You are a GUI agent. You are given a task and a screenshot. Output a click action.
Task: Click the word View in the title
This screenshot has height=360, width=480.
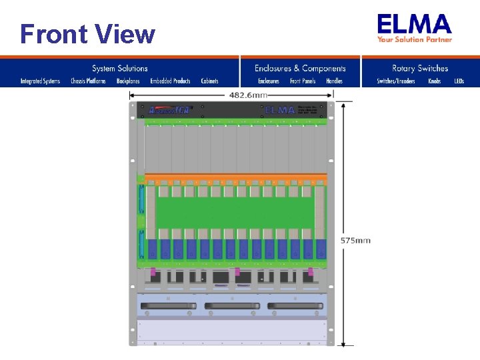(125, 34)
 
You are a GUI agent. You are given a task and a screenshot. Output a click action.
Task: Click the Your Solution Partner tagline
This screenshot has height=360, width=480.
(415, 39)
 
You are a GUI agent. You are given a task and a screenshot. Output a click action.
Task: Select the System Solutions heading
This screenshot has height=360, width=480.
(120, 68)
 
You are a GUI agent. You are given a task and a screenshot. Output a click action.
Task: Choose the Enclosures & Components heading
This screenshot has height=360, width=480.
(300, 68)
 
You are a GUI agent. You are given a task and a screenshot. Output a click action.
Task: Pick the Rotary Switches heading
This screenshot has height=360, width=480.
(420, 68)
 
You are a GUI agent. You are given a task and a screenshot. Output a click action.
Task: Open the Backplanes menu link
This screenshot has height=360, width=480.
(128, 81)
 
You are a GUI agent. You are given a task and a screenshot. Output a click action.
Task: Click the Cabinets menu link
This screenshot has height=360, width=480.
(210, 81)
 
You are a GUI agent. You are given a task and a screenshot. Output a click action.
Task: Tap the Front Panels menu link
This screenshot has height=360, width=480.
(303, 81)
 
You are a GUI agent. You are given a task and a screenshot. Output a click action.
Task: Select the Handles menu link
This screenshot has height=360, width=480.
(334, 81)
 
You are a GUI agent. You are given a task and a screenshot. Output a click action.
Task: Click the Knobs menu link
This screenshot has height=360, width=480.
(434, 81)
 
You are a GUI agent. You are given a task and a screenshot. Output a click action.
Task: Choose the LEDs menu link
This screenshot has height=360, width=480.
(459, 81)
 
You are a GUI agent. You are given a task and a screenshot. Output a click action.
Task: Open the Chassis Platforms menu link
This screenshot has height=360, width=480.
(88, 81)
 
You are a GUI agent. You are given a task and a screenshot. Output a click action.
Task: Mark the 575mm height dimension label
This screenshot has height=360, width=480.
(355, 240)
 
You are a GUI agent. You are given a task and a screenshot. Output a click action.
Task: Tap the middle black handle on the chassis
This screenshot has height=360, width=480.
(231, 306)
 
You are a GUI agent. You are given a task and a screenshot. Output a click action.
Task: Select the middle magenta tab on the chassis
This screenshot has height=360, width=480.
(237, 271)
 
